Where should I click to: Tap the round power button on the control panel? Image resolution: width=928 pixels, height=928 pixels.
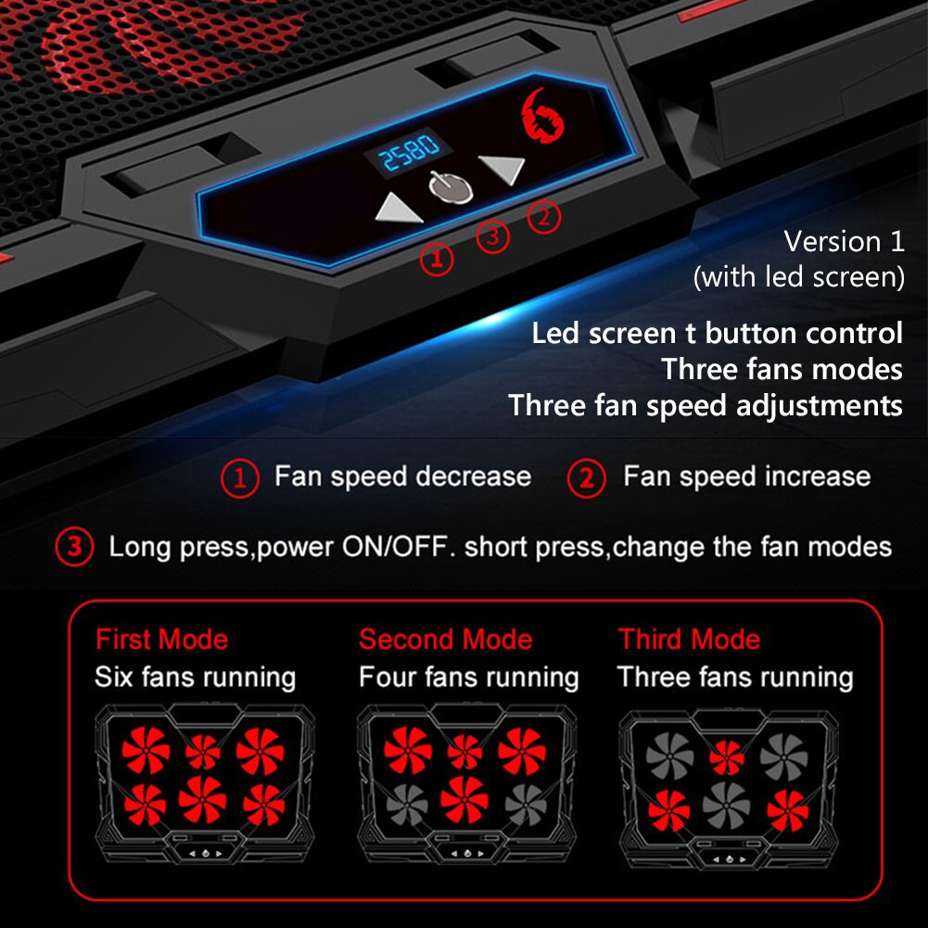pos(451,185)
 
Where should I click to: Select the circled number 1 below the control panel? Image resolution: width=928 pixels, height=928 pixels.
pos(438,259)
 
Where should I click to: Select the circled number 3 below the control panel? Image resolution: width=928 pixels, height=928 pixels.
pos(493,236)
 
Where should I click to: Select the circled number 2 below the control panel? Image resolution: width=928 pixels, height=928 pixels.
pos(544,217)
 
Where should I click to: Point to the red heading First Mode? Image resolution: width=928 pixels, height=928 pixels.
pos(161,640)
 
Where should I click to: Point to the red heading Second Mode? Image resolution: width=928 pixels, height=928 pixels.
pos(445,640)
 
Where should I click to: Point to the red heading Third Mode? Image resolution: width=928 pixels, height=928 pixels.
pos(689,640)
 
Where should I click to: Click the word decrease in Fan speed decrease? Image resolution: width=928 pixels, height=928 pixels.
pos(473,477)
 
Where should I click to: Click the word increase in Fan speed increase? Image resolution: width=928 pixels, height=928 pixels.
pos(813,477)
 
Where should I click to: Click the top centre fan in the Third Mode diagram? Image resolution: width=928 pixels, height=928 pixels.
pos(726,756)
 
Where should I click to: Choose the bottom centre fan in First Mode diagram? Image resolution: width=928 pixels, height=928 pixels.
pos(203,799)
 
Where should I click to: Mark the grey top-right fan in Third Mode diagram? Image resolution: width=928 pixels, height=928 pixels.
pos(783,755)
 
